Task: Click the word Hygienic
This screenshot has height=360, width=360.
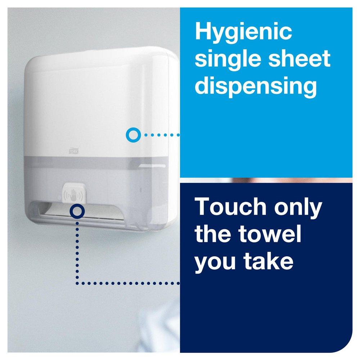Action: tap(243, 32)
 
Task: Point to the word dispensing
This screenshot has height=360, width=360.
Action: tap(256, 86)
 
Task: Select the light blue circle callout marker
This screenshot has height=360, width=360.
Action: tap(133, 135)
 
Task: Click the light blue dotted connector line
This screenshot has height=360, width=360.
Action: tap(161, 135)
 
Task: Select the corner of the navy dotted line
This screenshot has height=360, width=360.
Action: tap(77, 283)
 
